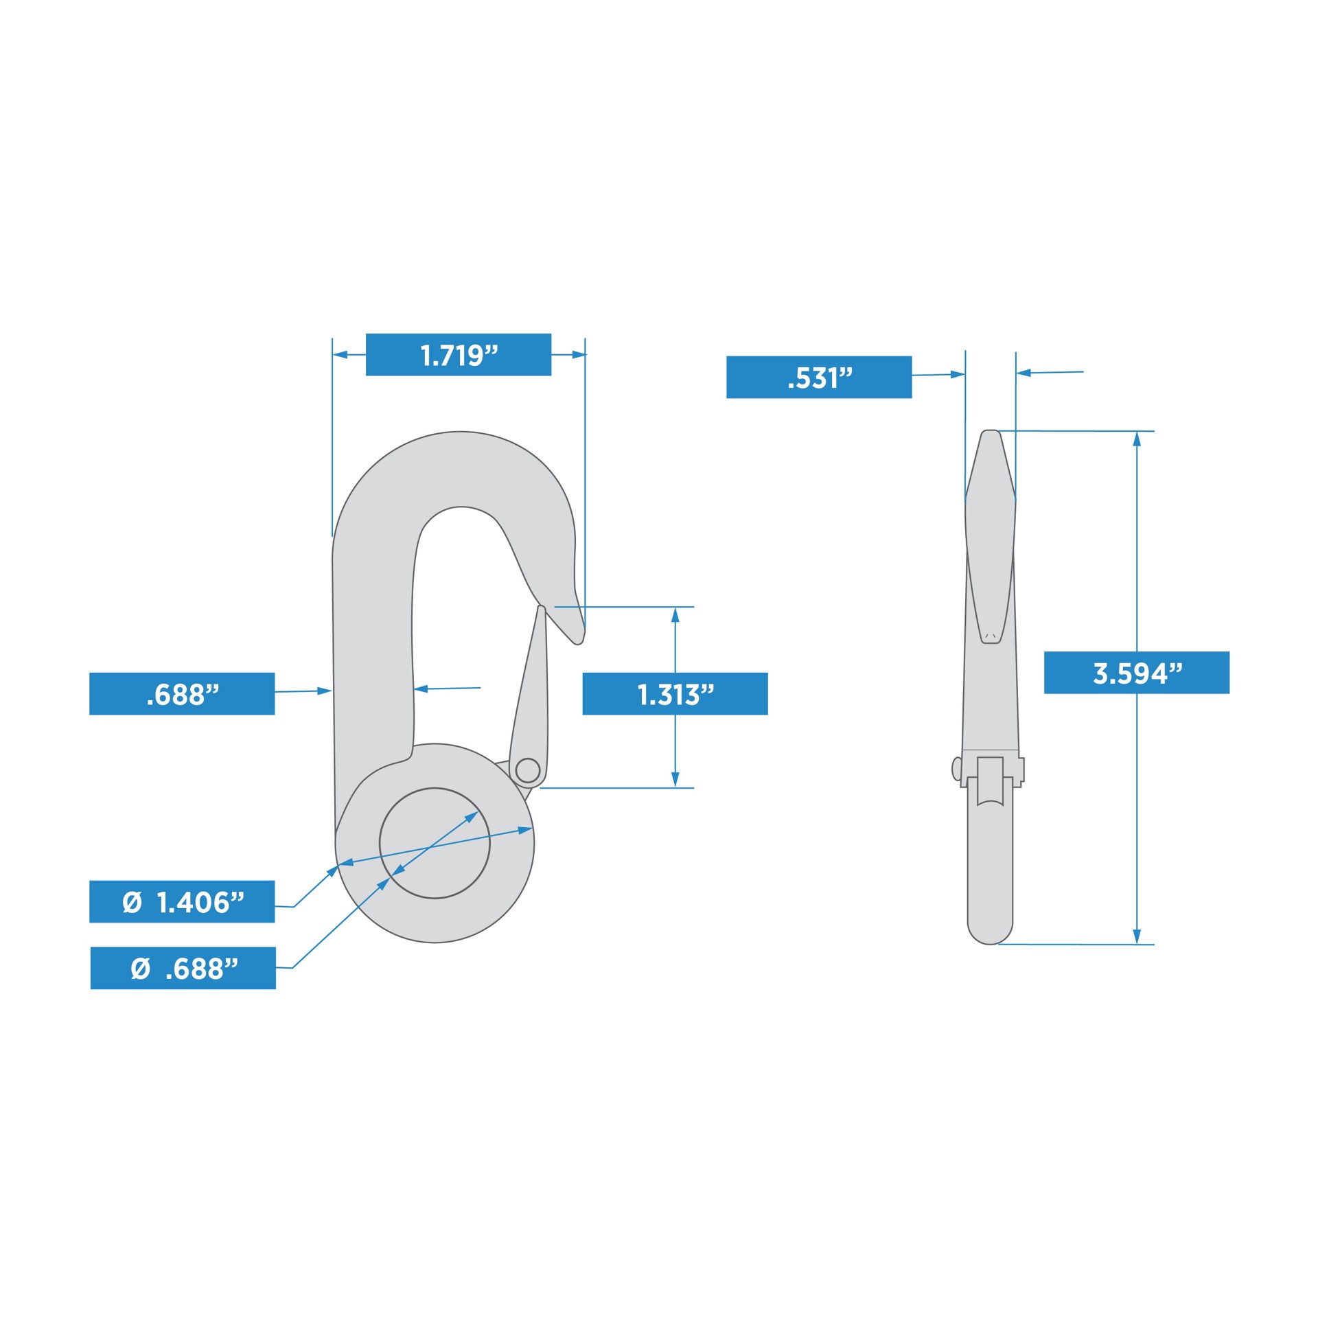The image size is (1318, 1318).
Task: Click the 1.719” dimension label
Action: click(458, 355)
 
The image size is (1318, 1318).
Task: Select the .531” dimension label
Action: click(819, 377)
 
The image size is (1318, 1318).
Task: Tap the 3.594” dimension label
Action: click(1136, 673)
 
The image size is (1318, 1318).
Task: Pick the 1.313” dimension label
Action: click(675, 694)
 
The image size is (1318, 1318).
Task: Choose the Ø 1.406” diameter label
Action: click(182, 901)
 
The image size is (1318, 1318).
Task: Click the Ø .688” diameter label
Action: click(183, 968)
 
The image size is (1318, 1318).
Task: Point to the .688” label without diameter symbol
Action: click(182, 694)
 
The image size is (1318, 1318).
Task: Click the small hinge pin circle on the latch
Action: click(527, 770)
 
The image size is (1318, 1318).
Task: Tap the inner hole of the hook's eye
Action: click(435, 843)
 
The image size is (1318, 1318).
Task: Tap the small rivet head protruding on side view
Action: click(956, 769)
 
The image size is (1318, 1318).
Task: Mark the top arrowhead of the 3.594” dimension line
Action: click(1137, 439)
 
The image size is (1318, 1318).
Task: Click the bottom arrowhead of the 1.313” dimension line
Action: click(675, 779)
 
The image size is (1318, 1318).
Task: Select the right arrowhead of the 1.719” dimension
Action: click(579, 355)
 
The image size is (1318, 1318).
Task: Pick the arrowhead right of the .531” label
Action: click(957, 375)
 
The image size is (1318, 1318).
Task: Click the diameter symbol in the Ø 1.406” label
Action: click(132, 902)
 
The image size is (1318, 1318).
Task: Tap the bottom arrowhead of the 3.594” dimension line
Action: click(1137, 936)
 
